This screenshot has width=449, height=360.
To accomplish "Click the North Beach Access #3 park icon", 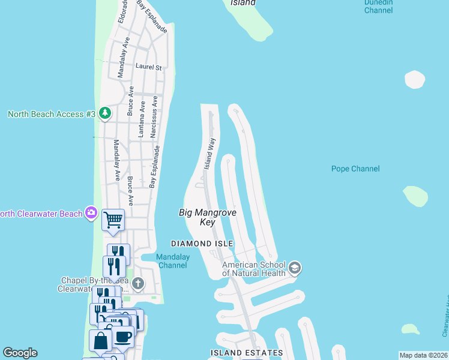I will pyautogui.click(x=105, y=113).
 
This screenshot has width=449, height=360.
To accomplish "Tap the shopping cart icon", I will pyautogui.click(x=113, y=220).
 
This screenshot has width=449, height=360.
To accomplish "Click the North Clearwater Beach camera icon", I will pyautogui.click(x=91, y=212).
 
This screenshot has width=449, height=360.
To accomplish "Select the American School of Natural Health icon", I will pyautogui.click(x=294, y=268).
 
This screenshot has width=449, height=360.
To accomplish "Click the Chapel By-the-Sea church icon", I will pyautogui.click(x=138, y=283).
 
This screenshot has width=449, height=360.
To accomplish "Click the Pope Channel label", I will pyautogui.click(x=355, y=169).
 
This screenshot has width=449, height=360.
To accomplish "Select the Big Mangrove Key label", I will pyautogui.click(x=208, y=217).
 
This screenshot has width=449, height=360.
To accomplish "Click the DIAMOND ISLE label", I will pyautogui.click(x=202, y=244).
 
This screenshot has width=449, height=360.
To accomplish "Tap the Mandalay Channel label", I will pyautogui.click(x=173, y=261).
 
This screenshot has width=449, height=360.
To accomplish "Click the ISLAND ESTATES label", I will pyautogui.click(x=246, y=353).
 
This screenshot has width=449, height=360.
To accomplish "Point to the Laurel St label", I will pyautogui.click(x=149, y=68).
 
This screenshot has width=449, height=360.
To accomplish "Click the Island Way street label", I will pyautogui.click(x=209, y=153).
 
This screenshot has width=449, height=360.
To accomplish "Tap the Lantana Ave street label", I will pyautogui.click(x=142, y=119).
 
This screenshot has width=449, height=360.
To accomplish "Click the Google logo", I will pyautogui.click(x=20, y=353).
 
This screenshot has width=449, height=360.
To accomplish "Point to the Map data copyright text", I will pyautogui.click(x=423, y=355).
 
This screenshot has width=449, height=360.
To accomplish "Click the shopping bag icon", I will pyautogui.click(x=100, y=341).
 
